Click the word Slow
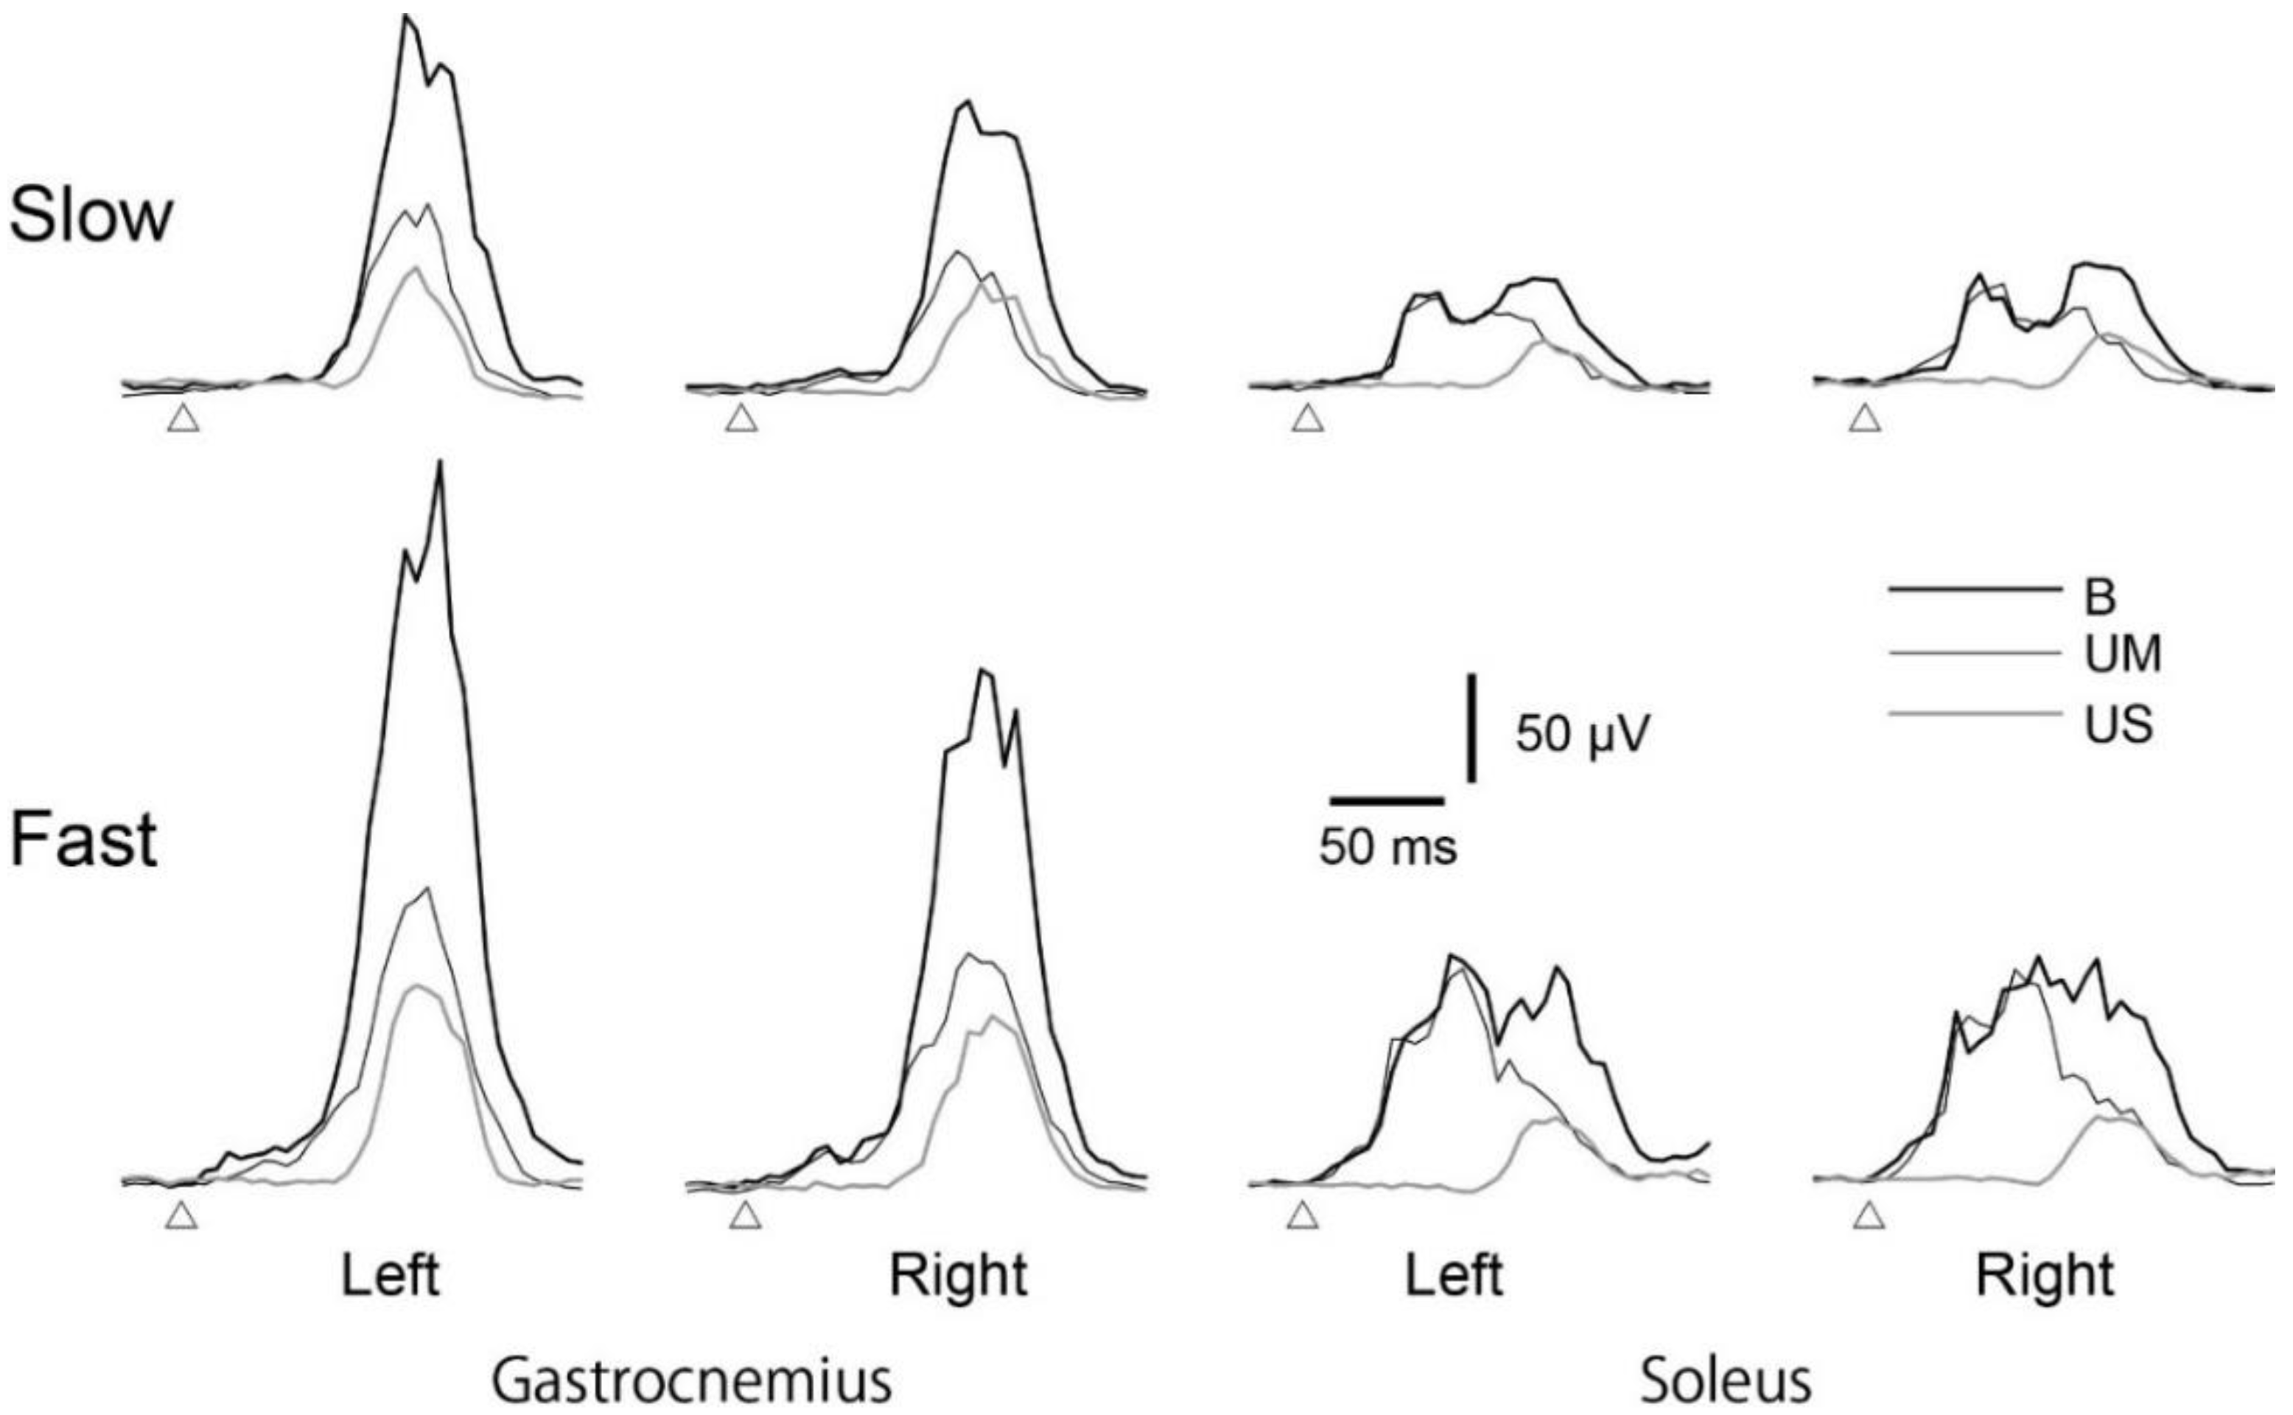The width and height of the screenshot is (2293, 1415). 91,215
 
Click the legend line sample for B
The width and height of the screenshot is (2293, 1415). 1974,590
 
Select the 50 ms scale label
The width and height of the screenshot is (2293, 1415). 1387,847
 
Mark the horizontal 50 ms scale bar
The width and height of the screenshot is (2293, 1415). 1387,801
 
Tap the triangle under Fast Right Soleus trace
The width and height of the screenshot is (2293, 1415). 1869,1216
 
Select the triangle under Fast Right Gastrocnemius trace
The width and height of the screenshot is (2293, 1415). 745,1216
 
